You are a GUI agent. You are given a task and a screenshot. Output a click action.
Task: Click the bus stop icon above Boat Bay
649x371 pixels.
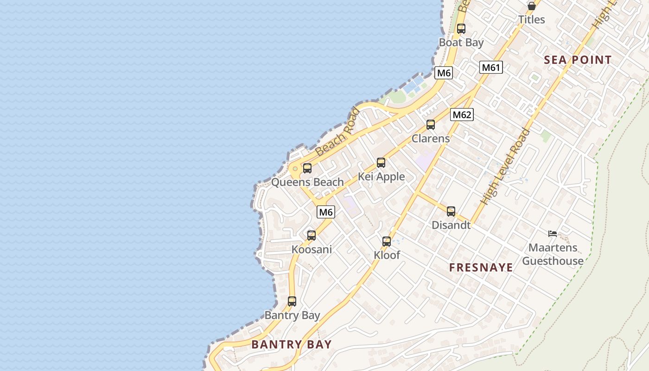tap(461, 29)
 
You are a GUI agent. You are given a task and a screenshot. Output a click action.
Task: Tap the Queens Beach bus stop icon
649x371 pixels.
tap(307, 168)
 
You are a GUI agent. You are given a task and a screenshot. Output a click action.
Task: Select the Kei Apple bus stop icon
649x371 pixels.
tap(381, 163)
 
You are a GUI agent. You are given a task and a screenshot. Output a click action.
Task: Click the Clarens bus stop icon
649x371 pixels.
tap(431, 125)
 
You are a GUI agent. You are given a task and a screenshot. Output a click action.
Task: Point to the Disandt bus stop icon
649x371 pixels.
tap(451, 211)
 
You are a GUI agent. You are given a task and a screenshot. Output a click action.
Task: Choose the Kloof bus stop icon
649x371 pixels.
tap(387, 241)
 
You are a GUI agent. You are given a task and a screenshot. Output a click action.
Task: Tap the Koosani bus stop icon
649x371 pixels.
tap(312, 236)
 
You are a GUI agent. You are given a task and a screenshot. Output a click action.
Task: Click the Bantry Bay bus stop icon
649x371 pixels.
tap(292, 301)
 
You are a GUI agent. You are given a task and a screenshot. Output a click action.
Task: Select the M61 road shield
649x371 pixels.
tap(491, 68)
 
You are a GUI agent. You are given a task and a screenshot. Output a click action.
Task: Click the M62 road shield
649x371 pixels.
tap(462, 115)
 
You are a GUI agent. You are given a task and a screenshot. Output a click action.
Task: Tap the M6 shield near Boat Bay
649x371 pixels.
tap(444, 73)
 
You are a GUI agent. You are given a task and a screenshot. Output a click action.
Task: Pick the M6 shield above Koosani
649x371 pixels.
tap(326, 212)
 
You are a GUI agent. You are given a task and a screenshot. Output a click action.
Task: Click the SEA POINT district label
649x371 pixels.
tap(578, 60)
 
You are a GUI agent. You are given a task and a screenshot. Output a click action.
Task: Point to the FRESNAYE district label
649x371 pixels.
tap(481, 267)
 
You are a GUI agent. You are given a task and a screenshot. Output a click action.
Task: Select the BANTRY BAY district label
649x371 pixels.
tap(292, 344)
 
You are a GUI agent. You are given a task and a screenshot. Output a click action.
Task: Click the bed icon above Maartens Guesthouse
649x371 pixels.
tap(553, 234)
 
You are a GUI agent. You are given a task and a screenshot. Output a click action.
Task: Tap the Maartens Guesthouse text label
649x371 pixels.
tap(553, 254)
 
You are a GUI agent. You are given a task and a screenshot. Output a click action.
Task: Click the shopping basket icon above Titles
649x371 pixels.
tap(531, 6)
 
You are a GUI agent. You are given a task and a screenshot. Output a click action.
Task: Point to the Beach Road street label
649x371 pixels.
tap(337, 132)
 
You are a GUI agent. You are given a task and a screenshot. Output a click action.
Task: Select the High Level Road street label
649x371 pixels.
tap(505, 166)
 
